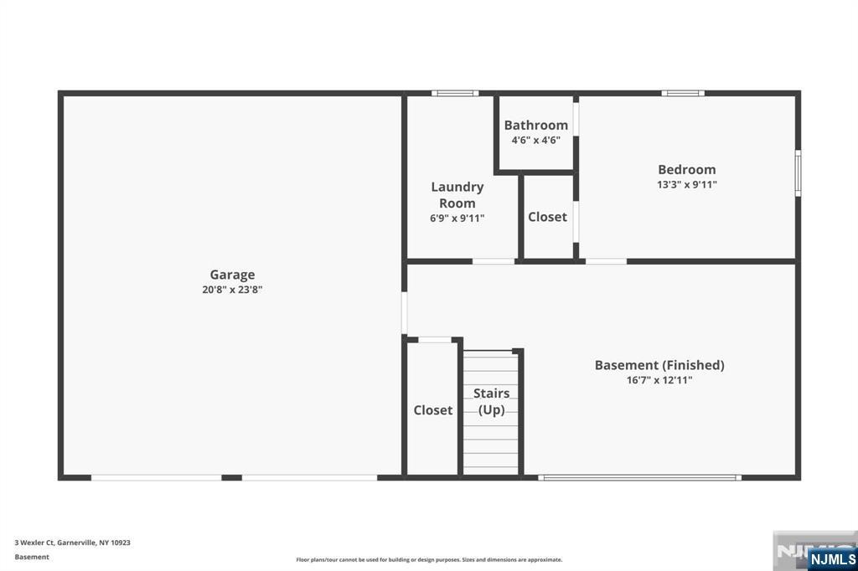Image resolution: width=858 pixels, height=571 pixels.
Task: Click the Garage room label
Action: click(x=232, y=275)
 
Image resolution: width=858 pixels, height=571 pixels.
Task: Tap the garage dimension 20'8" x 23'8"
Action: click(x=232, y=290)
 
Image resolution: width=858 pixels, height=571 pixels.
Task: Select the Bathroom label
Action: click(x=535, y=126)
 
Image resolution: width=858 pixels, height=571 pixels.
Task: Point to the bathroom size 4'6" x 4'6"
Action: click(x=535, y=140)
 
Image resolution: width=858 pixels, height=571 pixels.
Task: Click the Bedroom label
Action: click(x=687, y=170)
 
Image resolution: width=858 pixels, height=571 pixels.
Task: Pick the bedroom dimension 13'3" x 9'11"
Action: click(x=687, y=184)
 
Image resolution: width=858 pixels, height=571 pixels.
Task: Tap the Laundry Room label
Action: click(x=457, y=195)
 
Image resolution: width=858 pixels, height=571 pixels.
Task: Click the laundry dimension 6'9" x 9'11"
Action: click(x=457, y=219)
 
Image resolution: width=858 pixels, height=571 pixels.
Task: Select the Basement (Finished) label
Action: click(x=659, y=365)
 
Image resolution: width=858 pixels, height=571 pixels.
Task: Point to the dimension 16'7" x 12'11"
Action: click(x=659, y=379)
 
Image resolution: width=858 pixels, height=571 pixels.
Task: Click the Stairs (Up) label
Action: click(x=491, y=401)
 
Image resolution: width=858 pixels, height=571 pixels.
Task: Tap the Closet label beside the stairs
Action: click(x=433, y=410)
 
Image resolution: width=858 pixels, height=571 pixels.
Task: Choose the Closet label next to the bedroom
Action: click(x=547, y=217)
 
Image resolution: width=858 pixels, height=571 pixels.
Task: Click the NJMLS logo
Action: click(x=832, y=559)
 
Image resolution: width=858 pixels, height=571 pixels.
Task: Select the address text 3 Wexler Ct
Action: click(x=34, y=543)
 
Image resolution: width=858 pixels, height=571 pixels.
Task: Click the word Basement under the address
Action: click(x=32, y=557)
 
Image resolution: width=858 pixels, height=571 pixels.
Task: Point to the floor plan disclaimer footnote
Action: click(x=429, y=559)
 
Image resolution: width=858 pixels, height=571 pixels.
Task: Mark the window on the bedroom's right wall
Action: click(x=798, y=172)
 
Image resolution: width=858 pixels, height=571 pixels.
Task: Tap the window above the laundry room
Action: click(x=455, y=93)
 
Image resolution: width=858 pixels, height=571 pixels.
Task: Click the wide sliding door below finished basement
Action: click(x=639, y=477)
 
